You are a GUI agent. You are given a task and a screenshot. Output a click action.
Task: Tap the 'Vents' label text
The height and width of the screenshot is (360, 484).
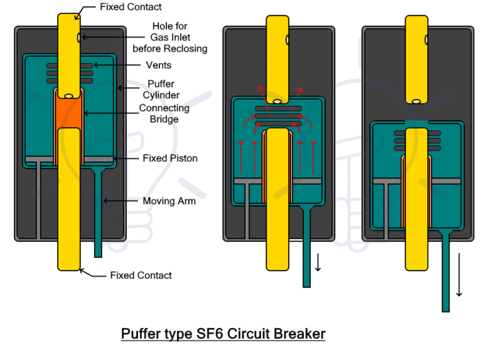pos(158,65)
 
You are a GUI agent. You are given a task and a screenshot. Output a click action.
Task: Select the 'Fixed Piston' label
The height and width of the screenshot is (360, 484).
pos(170,158)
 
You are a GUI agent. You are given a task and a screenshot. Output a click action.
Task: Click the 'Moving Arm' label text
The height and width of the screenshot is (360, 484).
pos(169,201)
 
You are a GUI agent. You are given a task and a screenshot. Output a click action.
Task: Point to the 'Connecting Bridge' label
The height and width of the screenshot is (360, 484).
pos(164,113)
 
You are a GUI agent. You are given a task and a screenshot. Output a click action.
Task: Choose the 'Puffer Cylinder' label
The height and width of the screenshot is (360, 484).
pos(161,90)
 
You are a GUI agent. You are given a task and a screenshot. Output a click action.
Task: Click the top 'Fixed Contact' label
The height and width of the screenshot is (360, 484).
pos(130,7)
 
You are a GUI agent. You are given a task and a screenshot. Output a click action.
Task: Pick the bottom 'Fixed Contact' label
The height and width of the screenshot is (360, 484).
pos(141,275)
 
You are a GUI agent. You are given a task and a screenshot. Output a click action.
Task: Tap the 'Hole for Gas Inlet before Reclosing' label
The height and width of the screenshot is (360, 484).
pos(170,37)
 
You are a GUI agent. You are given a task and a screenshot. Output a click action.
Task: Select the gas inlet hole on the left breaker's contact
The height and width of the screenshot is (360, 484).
pos(79,38)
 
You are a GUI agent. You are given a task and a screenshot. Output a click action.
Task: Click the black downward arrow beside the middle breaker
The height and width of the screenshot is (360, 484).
pos(318,264)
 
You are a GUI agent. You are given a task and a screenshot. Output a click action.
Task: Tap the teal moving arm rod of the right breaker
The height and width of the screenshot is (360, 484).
pos(446,271)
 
